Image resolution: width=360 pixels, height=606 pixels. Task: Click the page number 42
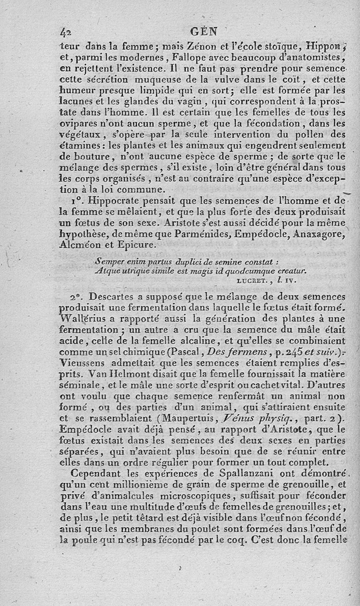(x=66, y=32)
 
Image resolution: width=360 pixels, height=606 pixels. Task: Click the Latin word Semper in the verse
(x=108, y=262)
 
